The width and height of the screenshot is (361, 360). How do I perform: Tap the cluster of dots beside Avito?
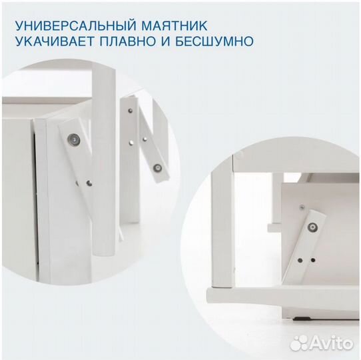pos(300,342)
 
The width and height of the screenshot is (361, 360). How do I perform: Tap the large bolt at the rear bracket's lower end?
pos(158,167)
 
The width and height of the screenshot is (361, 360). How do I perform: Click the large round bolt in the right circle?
pos(311,228)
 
